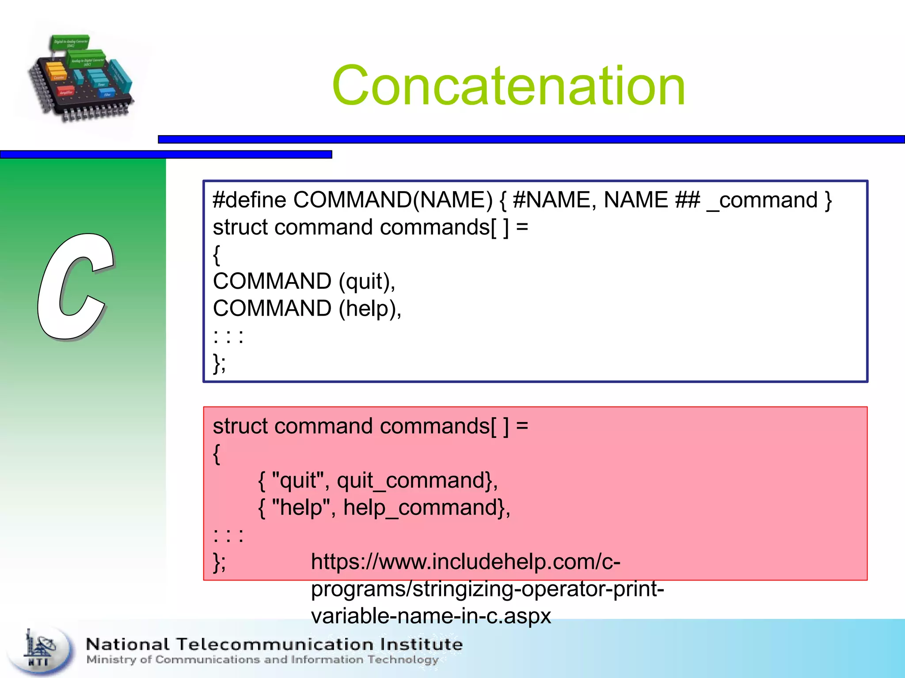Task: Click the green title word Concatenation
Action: coord(508,86)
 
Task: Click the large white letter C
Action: coord(75,287)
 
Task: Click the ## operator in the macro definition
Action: coord(688,200)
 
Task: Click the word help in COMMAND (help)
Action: coord(368,309)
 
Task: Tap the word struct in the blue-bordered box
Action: coord(240,227)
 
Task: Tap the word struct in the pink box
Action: coord(240,426)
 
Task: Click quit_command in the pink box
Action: coord(411,481)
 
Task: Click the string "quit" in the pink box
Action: coord(298,480)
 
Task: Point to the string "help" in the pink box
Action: coord(301,508)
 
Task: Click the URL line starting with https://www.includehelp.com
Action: coord(465,562)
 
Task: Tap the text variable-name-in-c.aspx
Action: coord(431,616)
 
